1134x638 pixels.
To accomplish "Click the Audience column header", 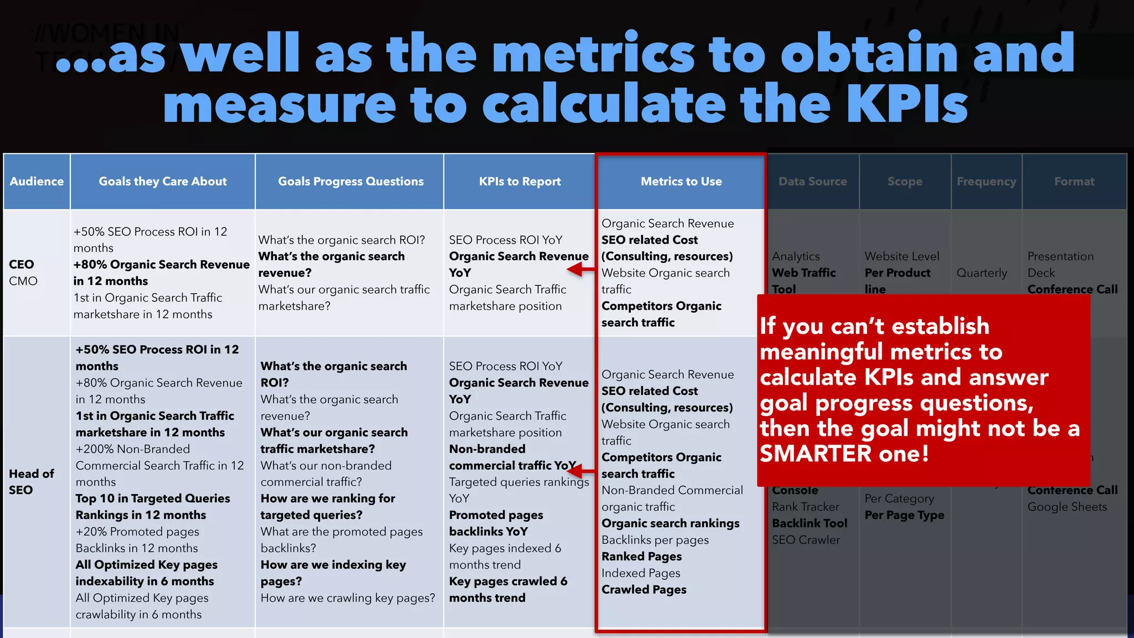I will click(37, 182).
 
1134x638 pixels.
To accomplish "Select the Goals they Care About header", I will click(163, 182).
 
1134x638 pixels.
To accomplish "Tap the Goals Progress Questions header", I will click(350, 182).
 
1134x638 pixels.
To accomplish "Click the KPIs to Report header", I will click(519, 182).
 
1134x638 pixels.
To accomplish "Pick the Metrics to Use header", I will click(681, 182).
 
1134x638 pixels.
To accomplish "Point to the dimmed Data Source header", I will click(812, 182).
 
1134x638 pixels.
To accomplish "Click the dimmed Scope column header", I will click(905, 182).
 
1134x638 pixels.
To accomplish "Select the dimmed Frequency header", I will click(986, 182).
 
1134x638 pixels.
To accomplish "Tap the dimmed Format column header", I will click(1074, 182).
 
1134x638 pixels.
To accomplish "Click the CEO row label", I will click(22, 265).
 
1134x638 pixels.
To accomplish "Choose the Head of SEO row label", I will click(31, 482).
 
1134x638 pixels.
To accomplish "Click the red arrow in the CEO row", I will click(581, 270).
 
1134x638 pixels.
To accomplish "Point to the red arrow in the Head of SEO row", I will click(581, 472).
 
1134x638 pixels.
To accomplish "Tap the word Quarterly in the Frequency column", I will click(982, 273).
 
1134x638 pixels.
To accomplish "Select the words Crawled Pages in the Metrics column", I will click(644, 590).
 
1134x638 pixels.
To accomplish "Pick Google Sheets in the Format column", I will click(1067, 507).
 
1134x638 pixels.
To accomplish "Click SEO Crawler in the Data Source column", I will click(806, 540).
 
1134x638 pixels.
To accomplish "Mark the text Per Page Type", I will click(904, 515).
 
